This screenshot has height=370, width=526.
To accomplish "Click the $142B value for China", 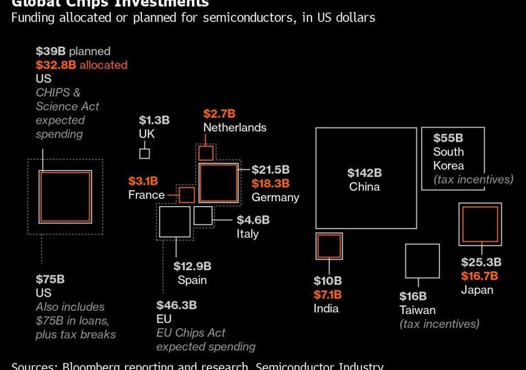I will click(364, 173).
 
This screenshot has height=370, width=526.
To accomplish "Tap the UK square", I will click(144, 153).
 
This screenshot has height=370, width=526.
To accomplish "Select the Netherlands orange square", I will click(206, 153).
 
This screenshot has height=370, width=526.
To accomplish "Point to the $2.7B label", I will click(219, 114).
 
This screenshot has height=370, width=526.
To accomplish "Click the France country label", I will click(146, 195).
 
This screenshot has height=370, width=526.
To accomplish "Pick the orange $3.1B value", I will click(143, 181).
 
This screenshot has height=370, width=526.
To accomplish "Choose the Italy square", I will click(203, 215).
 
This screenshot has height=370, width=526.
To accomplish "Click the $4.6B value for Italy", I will click(253, 220).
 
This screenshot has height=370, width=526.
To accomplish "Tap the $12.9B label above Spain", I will click(192, 266).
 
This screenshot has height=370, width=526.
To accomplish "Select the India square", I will click(329, 246).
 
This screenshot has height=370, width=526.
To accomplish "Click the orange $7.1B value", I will click(327, 295).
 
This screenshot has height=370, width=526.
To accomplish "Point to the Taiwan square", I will click(422, 261).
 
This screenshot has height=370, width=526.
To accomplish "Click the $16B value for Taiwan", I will click(412, 297).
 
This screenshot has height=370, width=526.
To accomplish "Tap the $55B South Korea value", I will click(448, 138).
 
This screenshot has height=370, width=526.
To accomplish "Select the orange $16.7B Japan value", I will click(479, 276).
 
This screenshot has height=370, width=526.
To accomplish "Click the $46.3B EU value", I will click(176, 305).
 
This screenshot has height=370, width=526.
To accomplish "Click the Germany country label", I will click(275, 197).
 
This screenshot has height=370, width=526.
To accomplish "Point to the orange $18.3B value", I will click(270, 184).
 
